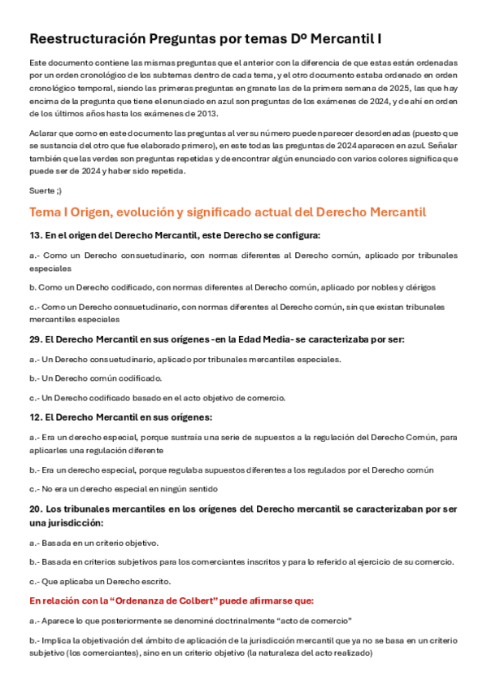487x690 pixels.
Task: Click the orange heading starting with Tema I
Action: coord(228,212)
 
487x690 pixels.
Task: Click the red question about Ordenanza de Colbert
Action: coord(172,600)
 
